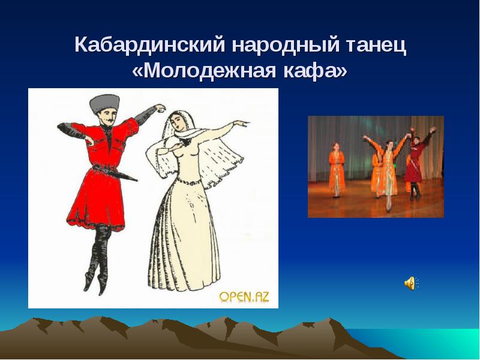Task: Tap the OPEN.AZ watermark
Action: click(x=244, y=296)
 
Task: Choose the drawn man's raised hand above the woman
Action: click(x=158, y=108)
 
